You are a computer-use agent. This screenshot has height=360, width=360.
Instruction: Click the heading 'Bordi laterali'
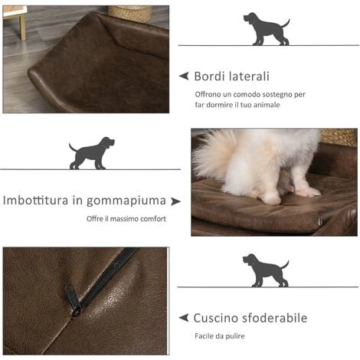pos(231,77)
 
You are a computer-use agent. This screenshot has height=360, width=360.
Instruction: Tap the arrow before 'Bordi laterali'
pos(184,76)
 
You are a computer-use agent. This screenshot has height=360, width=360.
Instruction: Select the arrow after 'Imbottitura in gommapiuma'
pos(176,201)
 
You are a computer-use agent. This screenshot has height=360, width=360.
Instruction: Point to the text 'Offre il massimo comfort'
pos(126,219)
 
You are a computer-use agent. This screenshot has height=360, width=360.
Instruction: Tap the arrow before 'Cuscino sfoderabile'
pos(184,317)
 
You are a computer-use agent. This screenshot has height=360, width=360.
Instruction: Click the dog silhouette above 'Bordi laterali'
pos(266,28)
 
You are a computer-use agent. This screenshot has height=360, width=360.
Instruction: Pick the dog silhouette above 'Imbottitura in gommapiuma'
pos(92,152)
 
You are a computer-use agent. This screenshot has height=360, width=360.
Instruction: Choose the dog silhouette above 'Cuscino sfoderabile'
pos(265,270)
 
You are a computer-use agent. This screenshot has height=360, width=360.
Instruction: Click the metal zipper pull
pos(74,299)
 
